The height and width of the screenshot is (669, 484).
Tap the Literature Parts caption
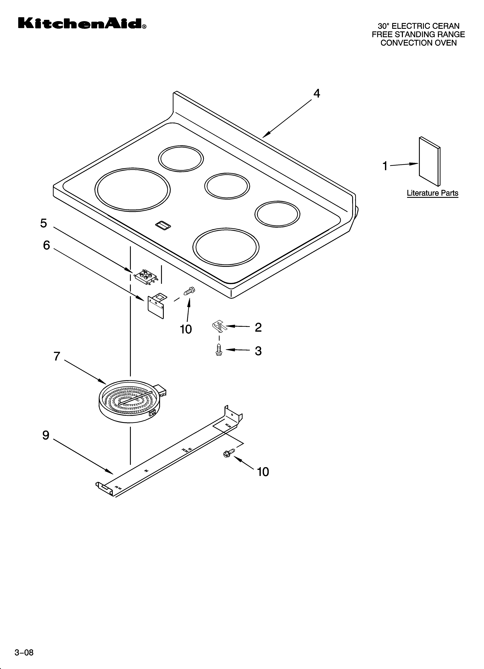tap(432, 193)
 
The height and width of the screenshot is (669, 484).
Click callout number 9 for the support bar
tap(46, 435)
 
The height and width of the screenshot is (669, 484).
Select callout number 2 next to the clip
tap(258, 327)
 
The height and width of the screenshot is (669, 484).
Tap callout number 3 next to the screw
tap(258, 351)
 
